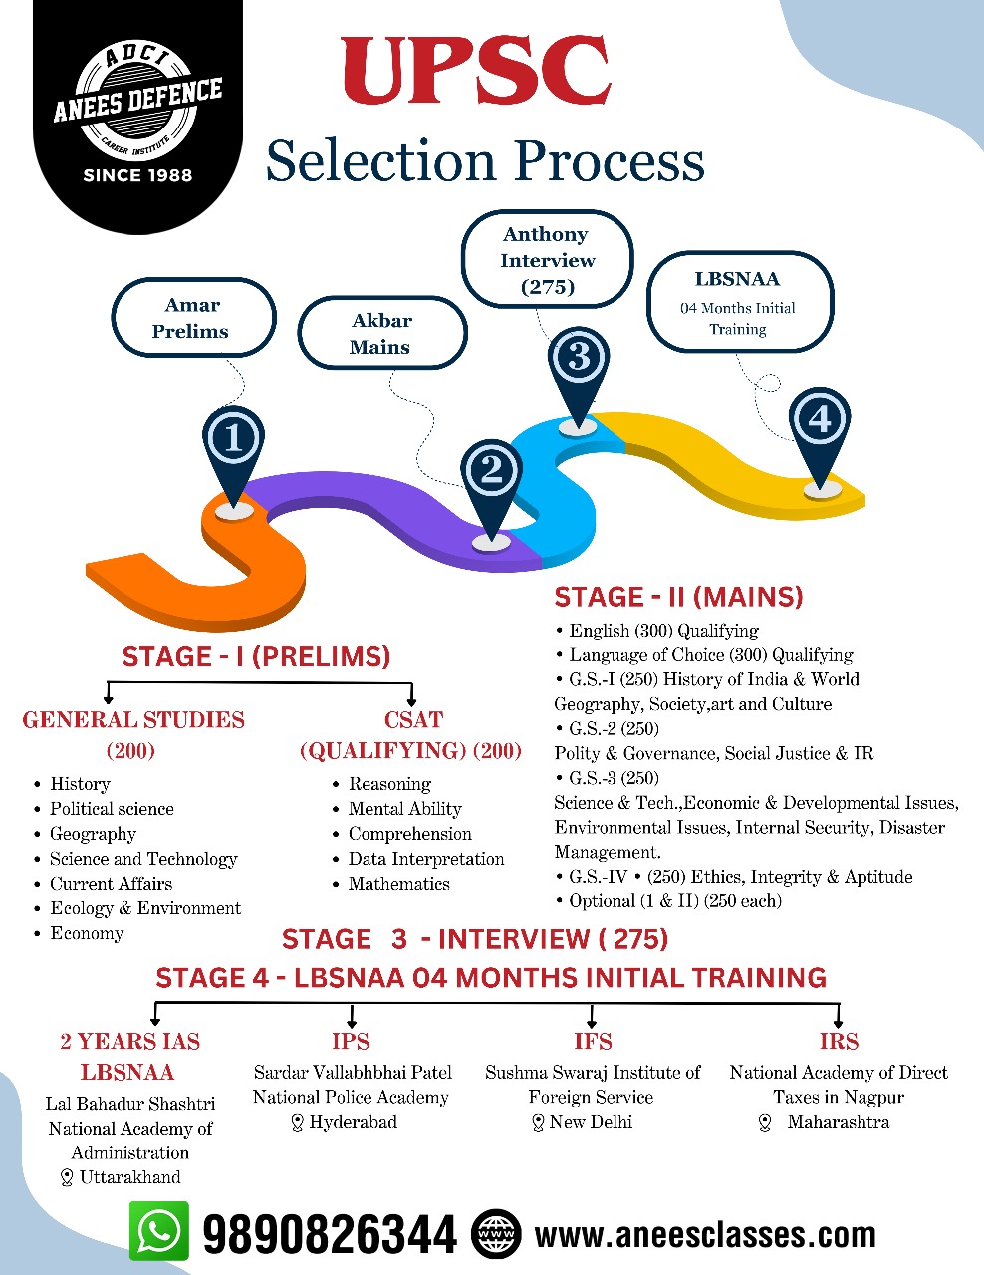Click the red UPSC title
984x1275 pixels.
coord(476,71)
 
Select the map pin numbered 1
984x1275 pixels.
coord(233,443)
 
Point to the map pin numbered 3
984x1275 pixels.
coord(578,361)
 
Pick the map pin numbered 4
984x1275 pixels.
coord(819,423)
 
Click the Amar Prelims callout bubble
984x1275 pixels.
coord(191,318)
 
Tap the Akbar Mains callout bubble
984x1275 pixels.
coord(381,334)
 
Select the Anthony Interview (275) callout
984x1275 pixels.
coord(547,260)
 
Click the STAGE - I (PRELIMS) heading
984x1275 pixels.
coord(256,657)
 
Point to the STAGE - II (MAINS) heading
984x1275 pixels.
coord(678,598)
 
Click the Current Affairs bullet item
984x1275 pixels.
coord(111,884)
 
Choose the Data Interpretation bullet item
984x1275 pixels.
coord(425,859)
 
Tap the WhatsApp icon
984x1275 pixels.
coord(159,1231)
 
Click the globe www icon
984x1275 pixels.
coord(496,1235)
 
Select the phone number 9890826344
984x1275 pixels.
coord(330,1235)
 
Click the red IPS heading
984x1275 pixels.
coord(351,1042)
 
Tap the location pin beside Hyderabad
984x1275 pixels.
coord(297,1123)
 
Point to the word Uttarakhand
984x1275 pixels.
coord(130,1177)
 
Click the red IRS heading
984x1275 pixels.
coord(839,1042)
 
